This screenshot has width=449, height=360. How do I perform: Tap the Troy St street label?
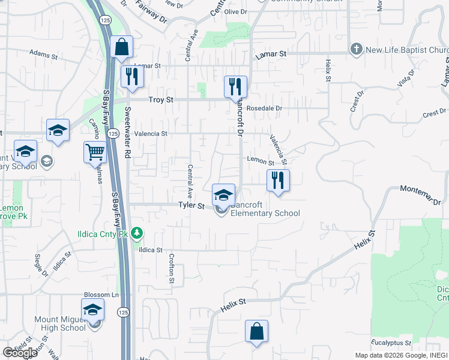162,100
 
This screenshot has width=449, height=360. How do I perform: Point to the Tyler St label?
191,205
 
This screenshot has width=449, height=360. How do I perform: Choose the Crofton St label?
171,268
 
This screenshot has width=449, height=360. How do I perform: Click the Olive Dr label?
235,12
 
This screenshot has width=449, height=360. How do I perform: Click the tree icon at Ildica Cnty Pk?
137,232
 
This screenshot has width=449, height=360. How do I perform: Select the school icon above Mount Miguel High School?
93,310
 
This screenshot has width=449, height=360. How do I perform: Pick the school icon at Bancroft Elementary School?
223,195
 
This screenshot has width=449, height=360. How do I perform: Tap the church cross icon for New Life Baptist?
357,49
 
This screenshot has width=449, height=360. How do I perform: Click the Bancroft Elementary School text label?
265,209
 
